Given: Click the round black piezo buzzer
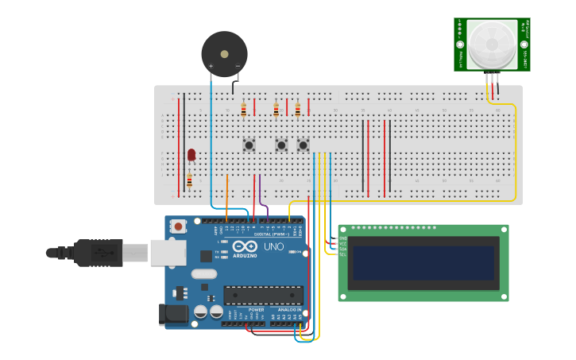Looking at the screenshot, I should pyautogui.click(x=224, y=54).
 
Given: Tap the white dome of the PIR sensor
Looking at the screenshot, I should pyautogui.click(x=492, y=45).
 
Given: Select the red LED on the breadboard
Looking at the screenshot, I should pyautogui.click(x=191, y=154).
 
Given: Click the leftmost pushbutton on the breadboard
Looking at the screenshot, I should pyautogui.click(x=249, y=145).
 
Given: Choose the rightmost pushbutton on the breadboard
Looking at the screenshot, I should pyautogui.click(x=303, y=145).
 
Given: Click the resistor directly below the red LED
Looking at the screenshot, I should pyautogui.click(x=189, y=180).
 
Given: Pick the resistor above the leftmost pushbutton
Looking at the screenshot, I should pyautogui.click(x=244, y=110).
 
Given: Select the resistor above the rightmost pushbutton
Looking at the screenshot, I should pyautogui.click(x=298, y=110).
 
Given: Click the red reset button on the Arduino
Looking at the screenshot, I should pyautogui.click(x=178, y=226).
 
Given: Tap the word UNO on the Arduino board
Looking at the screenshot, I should pyautogui.click(x=273, y=247).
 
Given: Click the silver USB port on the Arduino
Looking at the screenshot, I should pyautogui.click(x=168, y=253).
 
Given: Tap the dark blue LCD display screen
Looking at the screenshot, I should pyautogui.click(x=423, y=263).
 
